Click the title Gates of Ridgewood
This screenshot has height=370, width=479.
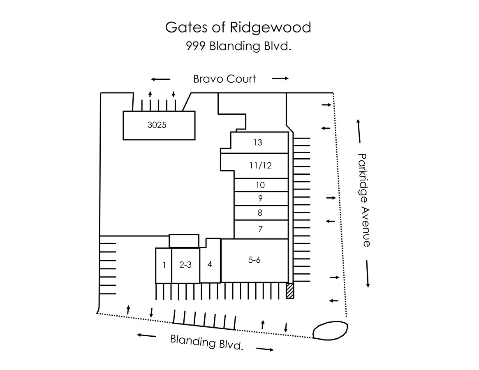click(238, 28)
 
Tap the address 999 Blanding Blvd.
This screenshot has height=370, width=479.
click(238, 46)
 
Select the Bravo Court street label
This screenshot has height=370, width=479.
click(224, 79)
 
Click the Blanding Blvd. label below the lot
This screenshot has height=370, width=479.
click(206, 342)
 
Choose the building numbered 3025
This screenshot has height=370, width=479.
click(159, 125)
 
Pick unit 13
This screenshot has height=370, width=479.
click(259, 142)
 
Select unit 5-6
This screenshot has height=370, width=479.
click(255, 261)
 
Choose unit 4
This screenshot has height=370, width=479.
click(210, 265)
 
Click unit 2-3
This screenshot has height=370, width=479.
click(185, 265)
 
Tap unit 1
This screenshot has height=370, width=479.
click(164, 265)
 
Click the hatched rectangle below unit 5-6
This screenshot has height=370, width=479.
click(290, 291)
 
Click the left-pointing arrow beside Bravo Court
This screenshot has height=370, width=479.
click(161, 79)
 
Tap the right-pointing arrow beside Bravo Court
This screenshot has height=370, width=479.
click(280, 79)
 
